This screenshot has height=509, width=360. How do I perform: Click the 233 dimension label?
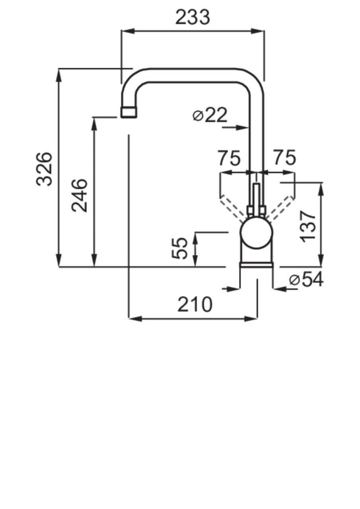pos(193,17)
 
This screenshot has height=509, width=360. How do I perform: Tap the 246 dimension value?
pos(79,195)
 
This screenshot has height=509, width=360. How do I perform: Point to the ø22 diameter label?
pos(210,115)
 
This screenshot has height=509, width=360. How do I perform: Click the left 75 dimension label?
pos(229,158)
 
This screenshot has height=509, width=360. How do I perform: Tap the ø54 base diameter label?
pos(306,280)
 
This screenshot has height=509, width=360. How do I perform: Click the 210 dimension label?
pos(195,305)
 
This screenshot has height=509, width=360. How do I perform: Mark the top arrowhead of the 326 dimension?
pos(59,74)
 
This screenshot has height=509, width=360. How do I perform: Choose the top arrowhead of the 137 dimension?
pos(321,188)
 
